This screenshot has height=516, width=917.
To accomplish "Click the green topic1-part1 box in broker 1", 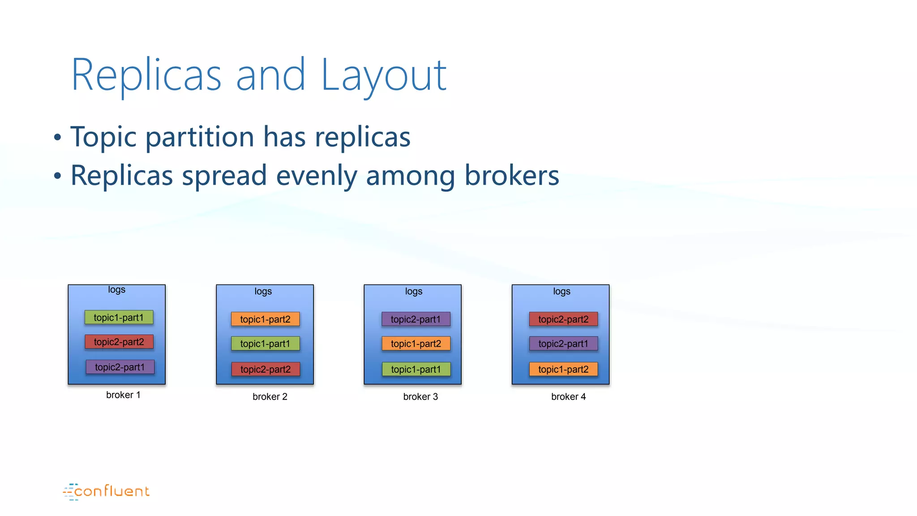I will point(119,318).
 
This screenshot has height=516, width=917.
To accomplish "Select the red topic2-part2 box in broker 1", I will point(119,342).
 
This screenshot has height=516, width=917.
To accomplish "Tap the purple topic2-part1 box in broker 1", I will point(120,367).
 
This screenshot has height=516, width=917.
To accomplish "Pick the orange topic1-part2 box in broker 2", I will point(265,319).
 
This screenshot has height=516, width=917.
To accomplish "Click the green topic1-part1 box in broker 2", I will point(265,344).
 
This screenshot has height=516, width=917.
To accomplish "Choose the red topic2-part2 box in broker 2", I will point(266,370).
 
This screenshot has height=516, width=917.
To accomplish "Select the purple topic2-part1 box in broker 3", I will point(416,319).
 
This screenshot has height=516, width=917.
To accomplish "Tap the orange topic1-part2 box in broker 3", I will point(416,344).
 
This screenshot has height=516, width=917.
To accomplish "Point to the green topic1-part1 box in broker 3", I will point(416,370).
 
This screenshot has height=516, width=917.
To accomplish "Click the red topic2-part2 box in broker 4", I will point(563,319).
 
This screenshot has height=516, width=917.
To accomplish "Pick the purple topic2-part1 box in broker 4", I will point(563,344).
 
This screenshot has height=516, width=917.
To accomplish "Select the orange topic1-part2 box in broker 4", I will point(563,370).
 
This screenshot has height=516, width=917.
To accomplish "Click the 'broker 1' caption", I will point(123,395).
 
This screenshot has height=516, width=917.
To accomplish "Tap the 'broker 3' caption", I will point(420,397).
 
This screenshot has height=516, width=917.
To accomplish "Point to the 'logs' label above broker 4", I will point(561,292).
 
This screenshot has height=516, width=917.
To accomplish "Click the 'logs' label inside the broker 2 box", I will point(263,292).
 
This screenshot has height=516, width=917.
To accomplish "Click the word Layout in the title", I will point(384,76).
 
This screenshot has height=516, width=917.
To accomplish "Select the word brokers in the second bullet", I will point(512,175).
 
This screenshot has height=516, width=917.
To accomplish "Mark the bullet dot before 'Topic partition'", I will point(57,138).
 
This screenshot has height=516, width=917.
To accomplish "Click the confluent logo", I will point(107,491).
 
